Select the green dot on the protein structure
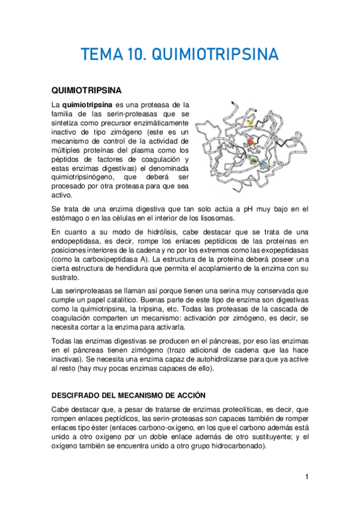(x=255, y=161)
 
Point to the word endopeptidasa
(x=82, y=241)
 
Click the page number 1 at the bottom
(x=306, y=478)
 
